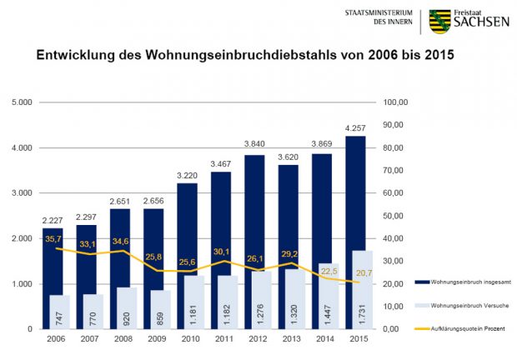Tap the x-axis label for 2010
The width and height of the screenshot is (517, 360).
pyautogui.click(x=189, y=340)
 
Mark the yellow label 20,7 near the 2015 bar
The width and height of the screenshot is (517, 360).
pyautogui.click(x=362, y=274)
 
